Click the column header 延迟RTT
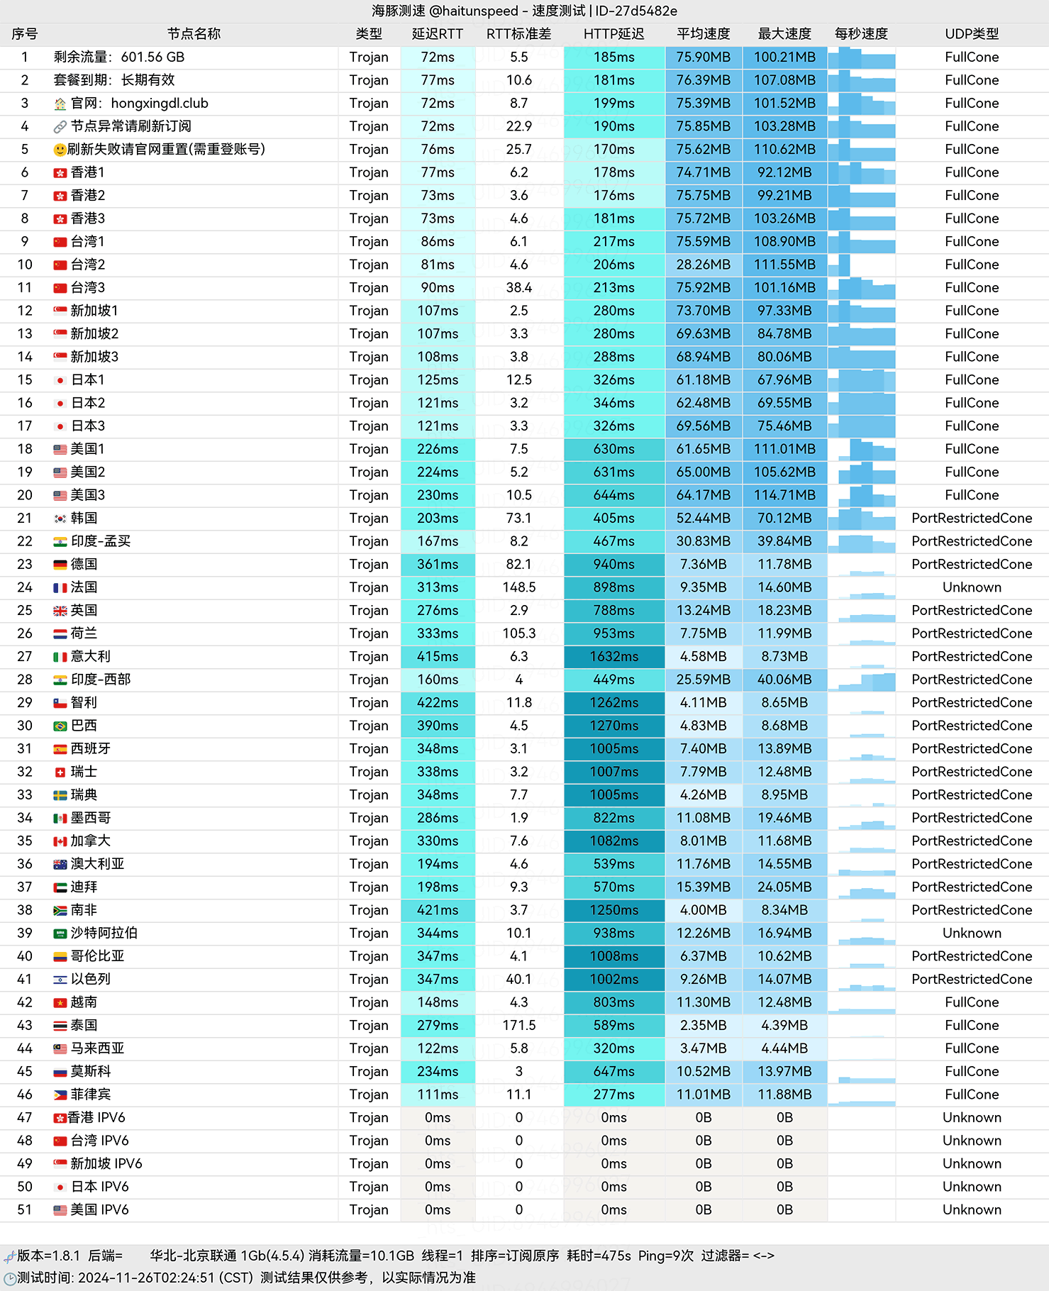(x=437, y=34)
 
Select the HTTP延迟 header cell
(x=614, y=34)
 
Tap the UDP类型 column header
(x=972, y=34)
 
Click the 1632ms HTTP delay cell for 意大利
(x=614, y=657)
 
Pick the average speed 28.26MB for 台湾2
(x=703, y=265)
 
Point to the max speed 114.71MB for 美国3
(x=784, y=495)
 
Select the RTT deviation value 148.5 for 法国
(x=518, y=587)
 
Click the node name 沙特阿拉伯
(x=104, y=933)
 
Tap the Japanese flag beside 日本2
(x=60, y=404)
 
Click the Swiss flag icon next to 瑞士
(x=60, y=772)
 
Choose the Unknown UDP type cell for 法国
(x=972, y=587)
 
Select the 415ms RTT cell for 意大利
(x=437, y=657)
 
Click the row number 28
(x=25, y=680)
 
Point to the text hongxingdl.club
(x=160, y=104)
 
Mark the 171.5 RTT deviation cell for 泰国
(x=518, y=1026)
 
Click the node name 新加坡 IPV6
(x=106, y=1164)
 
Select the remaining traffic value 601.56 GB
(x=152, y=57)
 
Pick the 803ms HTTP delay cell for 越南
(x=614, y=1002)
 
